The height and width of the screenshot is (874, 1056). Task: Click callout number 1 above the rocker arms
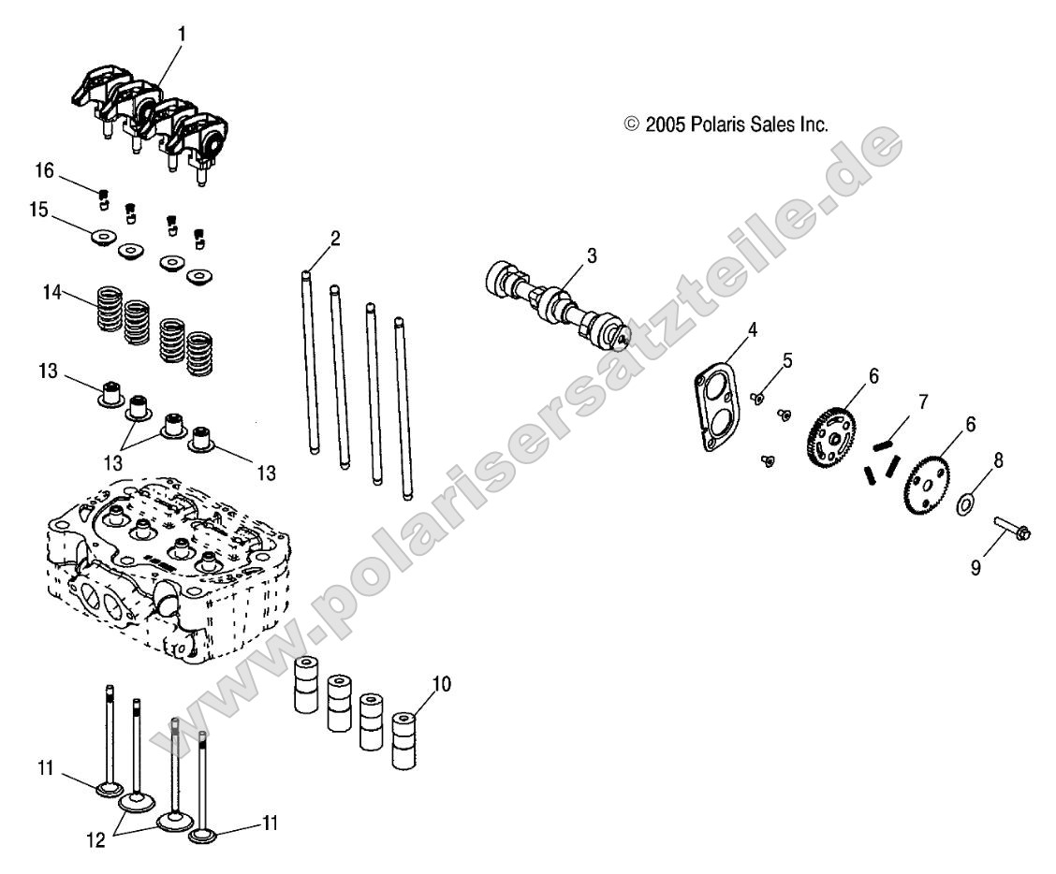pos(182,34)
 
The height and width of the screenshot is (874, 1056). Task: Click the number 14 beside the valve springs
pos(51,293)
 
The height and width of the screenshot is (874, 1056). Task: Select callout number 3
pos(593,255)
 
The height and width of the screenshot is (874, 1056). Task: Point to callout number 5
pos(787,358)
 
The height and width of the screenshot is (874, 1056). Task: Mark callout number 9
pos(975,568)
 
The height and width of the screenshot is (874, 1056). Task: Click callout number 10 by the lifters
pos(441,684)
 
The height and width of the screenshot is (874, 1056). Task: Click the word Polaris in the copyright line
pos(719,124)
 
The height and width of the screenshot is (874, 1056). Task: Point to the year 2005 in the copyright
pos(664,124)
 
